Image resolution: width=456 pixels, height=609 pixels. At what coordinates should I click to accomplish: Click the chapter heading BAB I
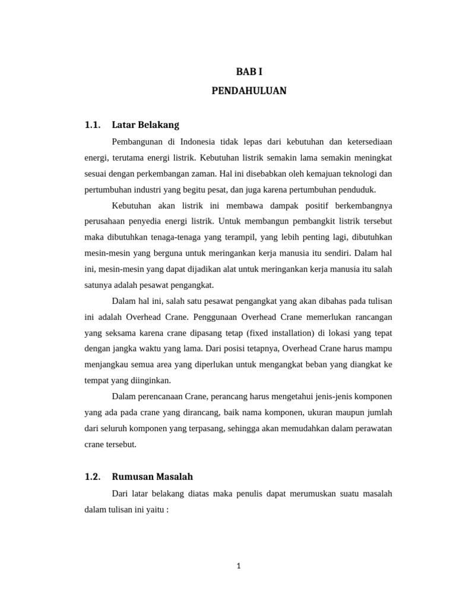point(249,71)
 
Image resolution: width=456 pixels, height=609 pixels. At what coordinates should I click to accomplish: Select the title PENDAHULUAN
point(249,91)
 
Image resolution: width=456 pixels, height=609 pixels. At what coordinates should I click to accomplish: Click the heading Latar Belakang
point(145,125)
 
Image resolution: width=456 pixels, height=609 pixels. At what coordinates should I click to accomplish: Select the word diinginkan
point(150,380)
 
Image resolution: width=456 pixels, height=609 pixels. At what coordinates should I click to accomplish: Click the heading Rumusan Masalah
point(152,476)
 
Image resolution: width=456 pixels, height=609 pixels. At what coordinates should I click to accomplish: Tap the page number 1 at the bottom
point(238,566)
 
